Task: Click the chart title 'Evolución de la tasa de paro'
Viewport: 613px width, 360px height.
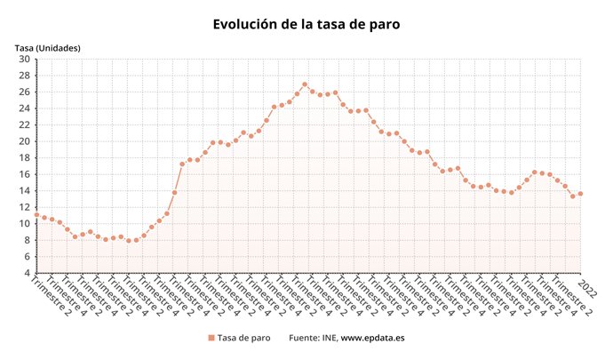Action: click(306, 24)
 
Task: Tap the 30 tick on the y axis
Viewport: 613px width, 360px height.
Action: click(24, 60)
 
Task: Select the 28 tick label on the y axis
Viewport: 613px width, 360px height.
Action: click(24, 76)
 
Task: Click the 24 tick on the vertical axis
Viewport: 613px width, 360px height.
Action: click(24, 108)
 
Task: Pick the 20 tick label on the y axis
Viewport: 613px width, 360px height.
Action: click(24, 141)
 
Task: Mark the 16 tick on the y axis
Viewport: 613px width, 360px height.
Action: click(24, 174)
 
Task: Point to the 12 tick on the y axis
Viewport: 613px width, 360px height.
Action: click(24, 207)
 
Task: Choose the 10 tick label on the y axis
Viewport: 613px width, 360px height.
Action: click(24, 223)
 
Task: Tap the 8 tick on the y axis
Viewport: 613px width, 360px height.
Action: click(27, 240)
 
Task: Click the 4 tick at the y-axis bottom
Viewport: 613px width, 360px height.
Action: click(27, 273)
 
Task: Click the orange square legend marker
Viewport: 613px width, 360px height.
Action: click(211, 338)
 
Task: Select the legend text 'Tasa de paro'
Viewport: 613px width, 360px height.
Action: click(244, 338)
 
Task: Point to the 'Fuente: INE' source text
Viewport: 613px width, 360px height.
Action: click(313, 338)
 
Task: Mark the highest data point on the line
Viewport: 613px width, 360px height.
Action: click(305, 84)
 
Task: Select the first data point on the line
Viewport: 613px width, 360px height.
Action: click(36, 214)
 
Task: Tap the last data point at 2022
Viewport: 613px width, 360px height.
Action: click(581, 194)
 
